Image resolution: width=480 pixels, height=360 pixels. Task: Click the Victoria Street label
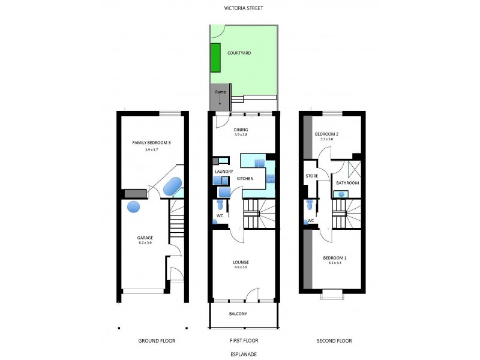tap(243, 8)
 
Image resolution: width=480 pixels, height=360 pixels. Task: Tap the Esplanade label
tap(243, 354)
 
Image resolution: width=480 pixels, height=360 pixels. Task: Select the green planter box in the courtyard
tap(215, 57)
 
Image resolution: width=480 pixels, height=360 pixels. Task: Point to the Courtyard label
tap(239, 53)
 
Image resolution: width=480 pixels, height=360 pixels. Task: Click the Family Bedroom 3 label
tap(151, 142)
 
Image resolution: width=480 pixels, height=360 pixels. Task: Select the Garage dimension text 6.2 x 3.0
tap(145, 243)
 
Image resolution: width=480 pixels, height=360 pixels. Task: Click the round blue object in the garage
tap(133, 207)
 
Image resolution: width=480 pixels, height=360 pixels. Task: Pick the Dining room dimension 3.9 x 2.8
tap(241, 136)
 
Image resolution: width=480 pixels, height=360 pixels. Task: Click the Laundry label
tap(223, 172)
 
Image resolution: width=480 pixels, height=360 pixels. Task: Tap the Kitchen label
tap(245, 179)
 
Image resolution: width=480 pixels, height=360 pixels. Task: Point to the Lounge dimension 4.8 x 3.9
tap(241, 268)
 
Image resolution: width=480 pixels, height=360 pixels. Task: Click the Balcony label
tap(238, 314)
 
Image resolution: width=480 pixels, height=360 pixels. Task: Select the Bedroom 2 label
tap(327, 134)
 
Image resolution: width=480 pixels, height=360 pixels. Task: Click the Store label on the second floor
tap(311, 176)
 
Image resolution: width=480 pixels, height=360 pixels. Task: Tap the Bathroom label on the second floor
tap(347, 182)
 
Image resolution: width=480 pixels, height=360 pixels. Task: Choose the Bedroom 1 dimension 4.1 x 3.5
tap(335, 263)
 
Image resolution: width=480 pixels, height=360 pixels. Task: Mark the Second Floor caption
tap(334, 341)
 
